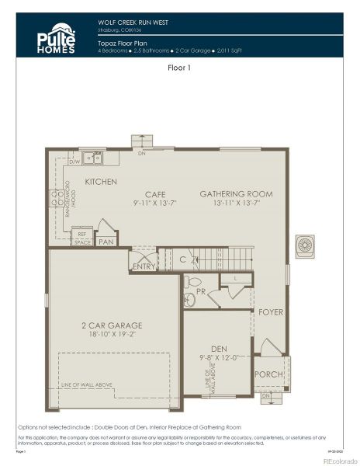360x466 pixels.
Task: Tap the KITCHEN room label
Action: [101, 182]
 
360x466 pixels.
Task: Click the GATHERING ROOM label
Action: [236, 193]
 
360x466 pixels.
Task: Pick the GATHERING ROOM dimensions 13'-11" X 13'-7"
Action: [236, 203]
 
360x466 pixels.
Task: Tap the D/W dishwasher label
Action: [74, 162]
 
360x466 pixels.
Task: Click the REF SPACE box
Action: [82, 238]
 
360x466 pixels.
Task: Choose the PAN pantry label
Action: [106, 242]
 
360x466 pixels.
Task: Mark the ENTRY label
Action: [144, 266]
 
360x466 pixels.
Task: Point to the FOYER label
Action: [271, 312]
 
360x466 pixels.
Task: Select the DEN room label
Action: [218, 349]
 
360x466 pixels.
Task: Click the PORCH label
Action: [268, 374]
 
